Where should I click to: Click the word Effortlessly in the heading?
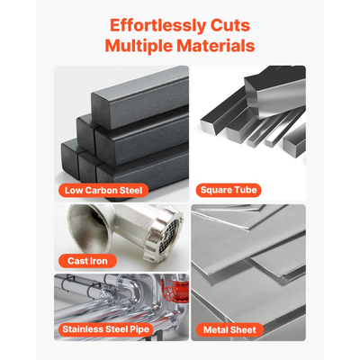pos(158,26)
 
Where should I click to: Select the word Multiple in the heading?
pos(139,46)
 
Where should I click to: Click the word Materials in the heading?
pos(216,46)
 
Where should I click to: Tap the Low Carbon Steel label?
pos(103,191)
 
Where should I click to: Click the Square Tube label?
pos(229,190)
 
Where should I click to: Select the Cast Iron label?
pos(87,261)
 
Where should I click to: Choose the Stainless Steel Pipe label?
pos(105,329)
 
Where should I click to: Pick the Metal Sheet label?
pos(229,330)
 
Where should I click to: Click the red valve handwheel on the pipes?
pos(170,291)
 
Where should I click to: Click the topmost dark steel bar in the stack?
pos(140,102)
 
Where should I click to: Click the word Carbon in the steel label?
pos(101,191)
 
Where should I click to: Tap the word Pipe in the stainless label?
pos(139,329)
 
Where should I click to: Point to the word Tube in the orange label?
pos(246,190)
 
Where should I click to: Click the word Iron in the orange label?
pos(99,261)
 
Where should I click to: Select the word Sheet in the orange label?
pos(245,330)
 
